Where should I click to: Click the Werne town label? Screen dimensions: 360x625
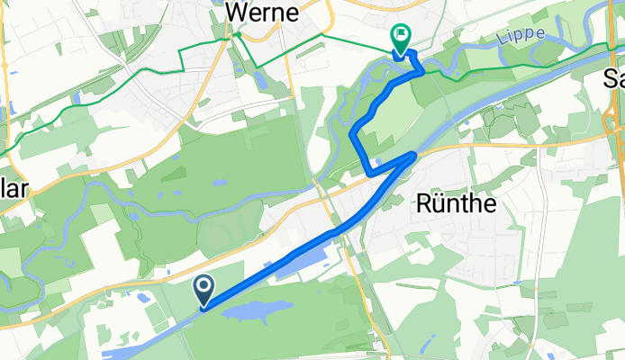[262, 12]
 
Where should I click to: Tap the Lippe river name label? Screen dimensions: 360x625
[521, 34]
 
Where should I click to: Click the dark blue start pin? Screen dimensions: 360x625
[204, 290]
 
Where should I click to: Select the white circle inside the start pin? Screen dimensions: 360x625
[204, 286]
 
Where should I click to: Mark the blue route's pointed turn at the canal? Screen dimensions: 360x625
[413, 155]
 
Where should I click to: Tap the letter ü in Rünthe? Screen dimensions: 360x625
[437, 204]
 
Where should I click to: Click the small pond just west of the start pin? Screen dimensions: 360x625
[141, 296]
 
